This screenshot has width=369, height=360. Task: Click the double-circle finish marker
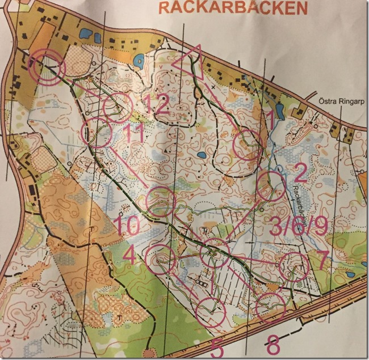[48, 66]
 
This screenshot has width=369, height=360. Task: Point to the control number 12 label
[154, 104]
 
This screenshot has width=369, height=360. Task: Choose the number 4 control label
[129, 256]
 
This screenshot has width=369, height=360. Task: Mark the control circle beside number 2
[270, 187]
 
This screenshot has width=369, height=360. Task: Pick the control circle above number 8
[270, 307]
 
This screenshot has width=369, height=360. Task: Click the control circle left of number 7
[294, 266]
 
